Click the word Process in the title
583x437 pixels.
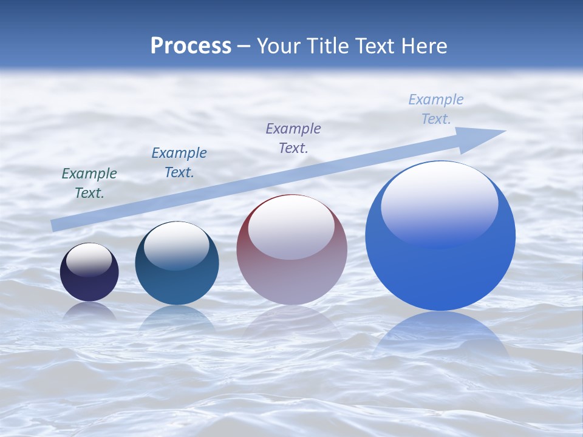pos(191,46)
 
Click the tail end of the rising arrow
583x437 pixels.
pos(53,226)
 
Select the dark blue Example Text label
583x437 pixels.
pos(179,163)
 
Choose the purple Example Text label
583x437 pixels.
pos(293,138)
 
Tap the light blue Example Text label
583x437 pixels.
pos(436,109)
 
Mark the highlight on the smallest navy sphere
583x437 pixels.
pos(89,260)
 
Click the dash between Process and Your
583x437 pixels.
pos(244,46)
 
